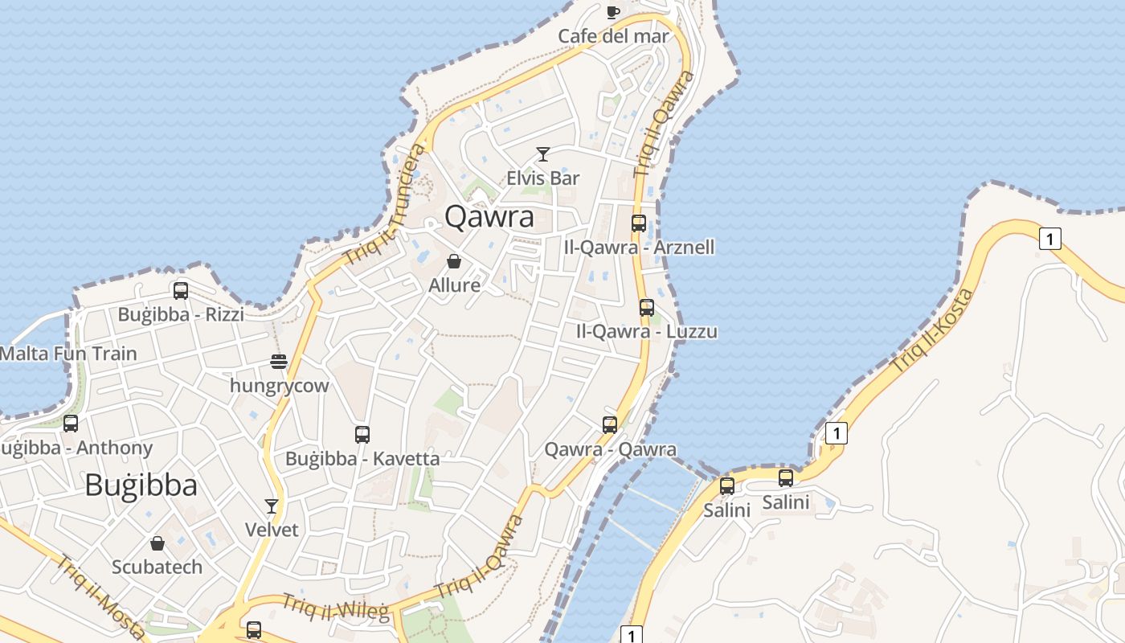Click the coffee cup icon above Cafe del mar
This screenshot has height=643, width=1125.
click(x=613, y=12)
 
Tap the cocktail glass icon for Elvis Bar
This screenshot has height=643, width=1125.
click(x=543, y=154)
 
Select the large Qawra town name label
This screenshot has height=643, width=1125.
click(x=489, y=217)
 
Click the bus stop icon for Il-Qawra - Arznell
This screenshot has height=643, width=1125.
click(x=639, y=223)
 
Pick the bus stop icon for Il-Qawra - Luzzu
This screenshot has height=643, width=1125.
click(x=647, y=307)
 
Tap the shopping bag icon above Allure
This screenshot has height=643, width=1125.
click(x=454, y=262)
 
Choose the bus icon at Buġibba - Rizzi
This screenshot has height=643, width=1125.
click(x=181, y=291)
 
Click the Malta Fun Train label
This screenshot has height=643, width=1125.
click(x=68, y=353)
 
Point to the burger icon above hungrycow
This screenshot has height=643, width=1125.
click(x=279, y=362)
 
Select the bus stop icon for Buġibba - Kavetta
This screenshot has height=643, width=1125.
click(x=362, y=435)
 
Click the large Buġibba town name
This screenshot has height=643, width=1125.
click(x=141, y=485)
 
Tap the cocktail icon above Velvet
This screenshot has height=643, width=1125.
click(x=272, y=506)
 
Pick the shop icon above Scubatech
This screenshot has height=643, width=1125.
click(x=157, y=544)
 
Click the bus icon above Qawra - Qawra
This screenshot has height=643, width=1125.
click(x=610, y=425)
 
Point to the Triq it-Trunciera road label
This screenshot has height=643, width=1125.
click(x=384, y=205)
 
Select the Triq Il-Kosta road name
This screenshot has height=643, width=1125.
click(x=932, y=330)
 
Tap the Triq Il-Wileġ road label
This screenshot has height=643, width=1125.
click(x=335, y=608)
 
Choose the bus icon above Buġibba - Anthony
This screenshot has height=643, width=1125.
click(x=71, y=424)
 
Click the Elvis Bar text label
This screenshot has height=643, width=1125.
click(x=543, y=178)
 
